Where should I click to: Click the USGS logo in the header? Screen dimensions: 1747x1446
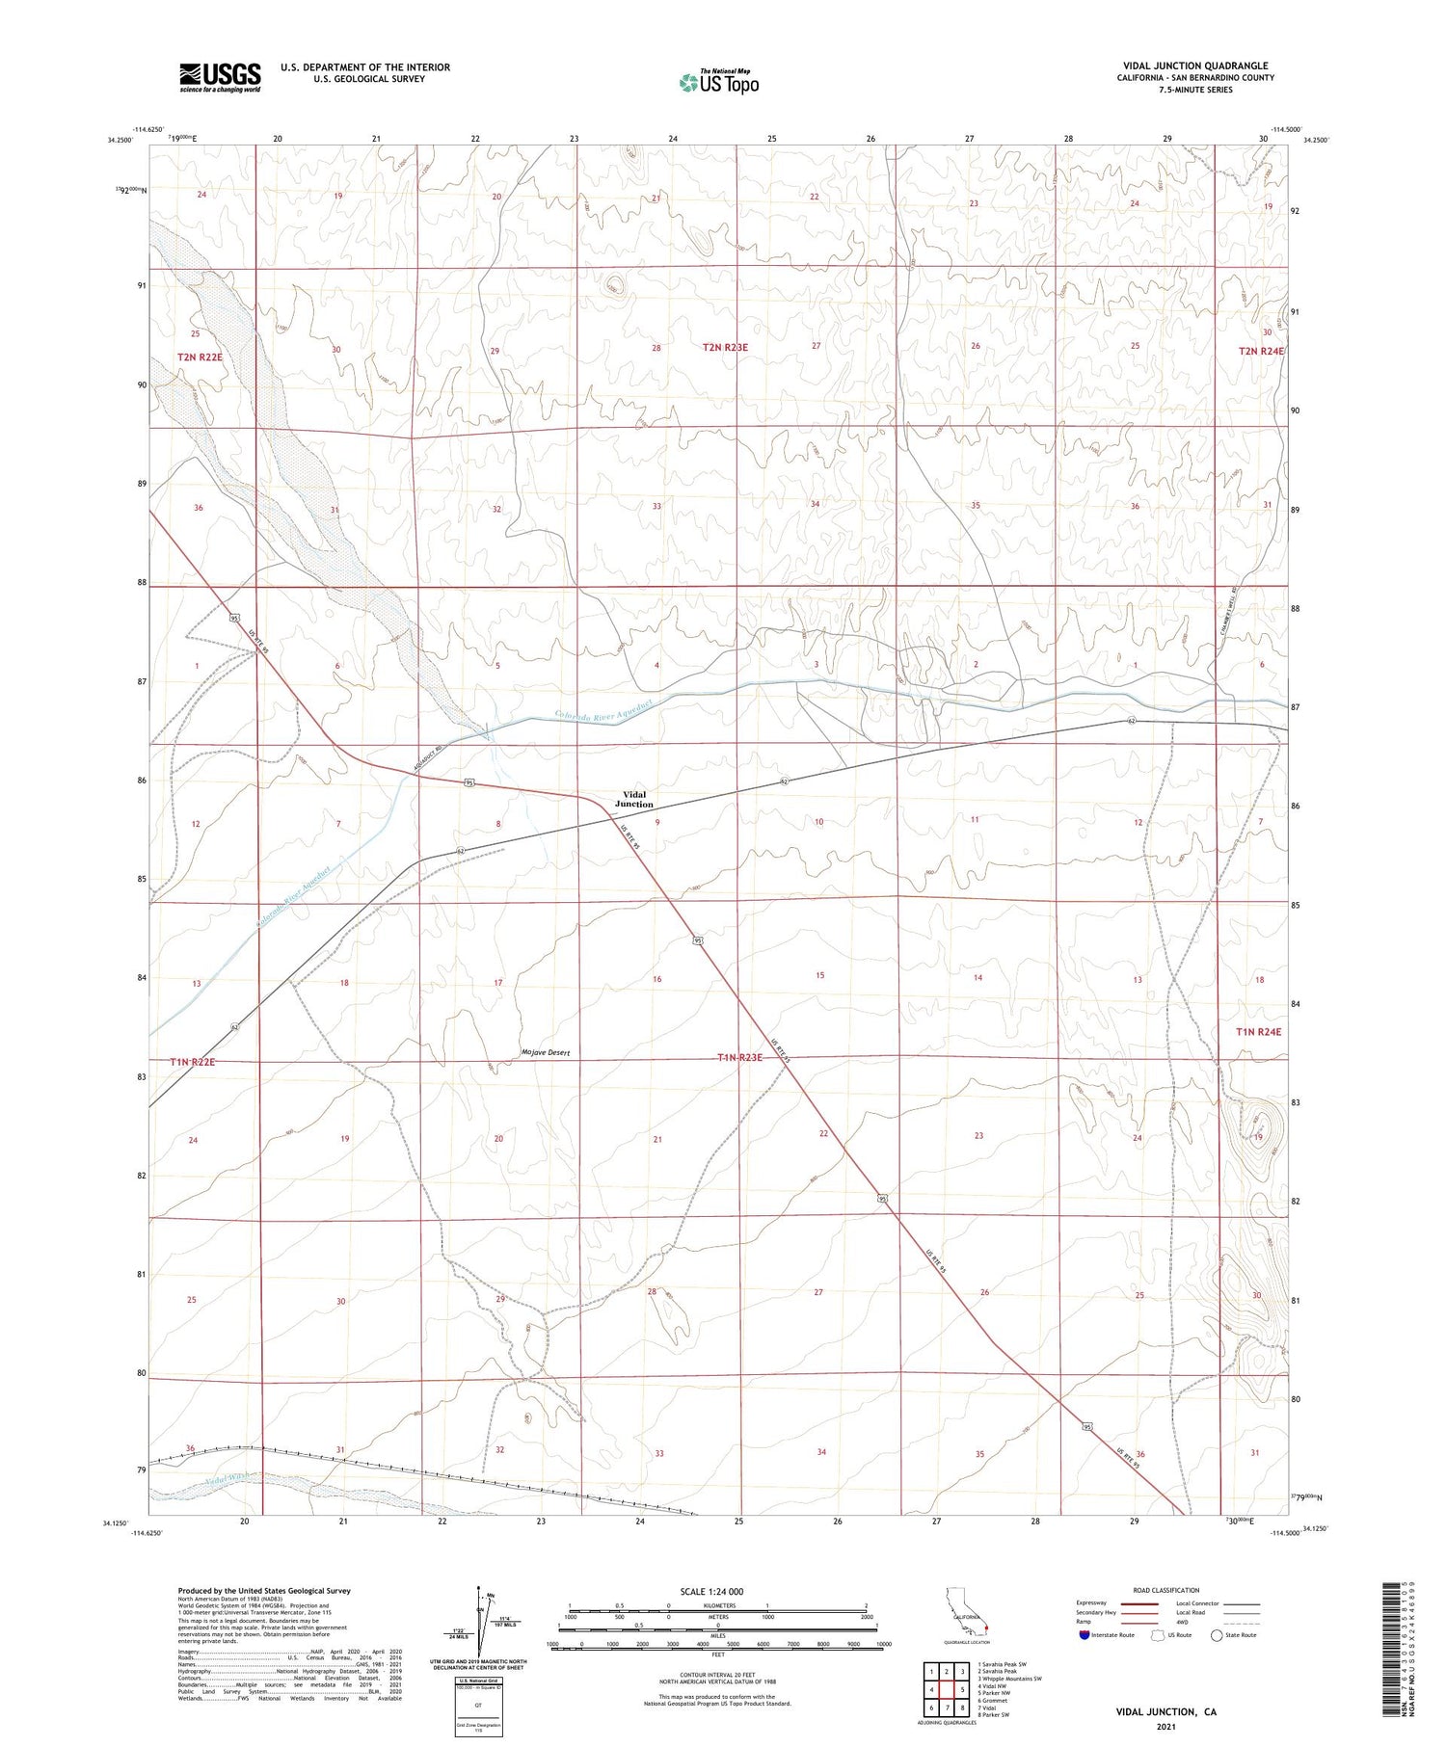[x=219, y=77]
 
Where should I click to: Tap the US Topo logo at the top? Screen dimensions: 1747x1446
[x=719, y=83]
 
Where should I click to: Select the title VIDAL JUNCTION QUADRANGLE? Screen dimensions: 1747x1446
[x=1194, y=66]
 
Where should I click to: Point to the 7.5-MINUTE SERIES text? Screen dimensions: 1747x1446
[x=1195, y=90]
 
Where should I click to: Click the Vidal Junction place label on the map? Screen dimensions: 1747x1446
[x=634, y=799]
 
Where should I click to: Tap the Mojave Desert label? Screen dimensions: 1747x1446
[x=546, y=1052]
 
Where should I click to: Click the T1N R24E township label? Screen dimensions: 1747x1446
[x=1259, y=1031]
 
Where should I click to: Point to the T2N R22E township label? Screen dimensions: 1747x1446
[x=200, y=357]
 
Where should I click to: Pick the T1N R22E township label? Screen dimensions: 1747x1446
[x=193, y=1061]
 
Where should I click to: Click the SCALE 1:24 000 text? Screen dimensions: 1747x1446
[x=711, y=1591]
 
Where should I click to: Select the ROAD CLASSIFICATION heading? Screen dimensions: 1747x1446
[x=1166, y=1590]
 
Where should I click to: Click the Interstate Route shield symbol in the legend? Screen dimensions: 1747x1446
[x=1084, y=1634]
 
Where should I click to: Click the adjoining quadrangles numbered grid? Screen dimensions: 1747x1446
[x=947, y=1689]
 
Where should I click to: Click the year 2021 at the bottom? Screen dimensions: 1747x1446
[x=1165, y=1726]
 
